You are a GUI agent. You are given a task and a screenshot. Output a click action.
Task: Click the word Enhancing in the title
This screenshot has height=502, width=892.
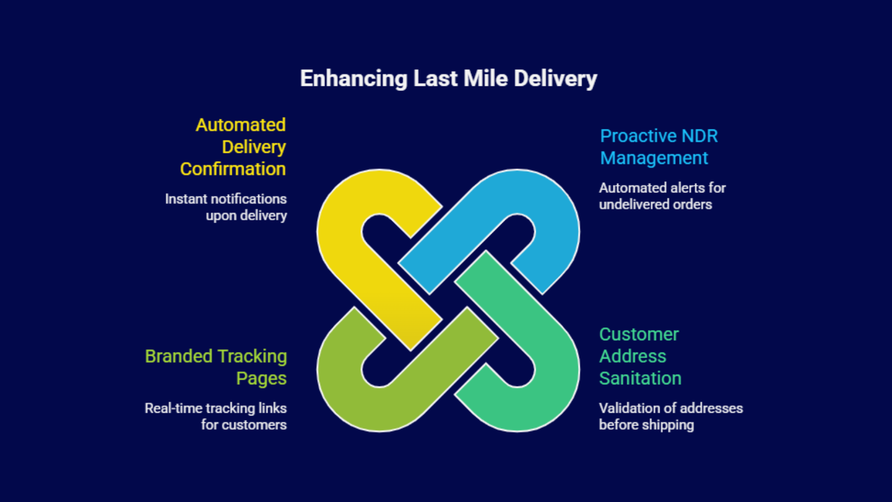pos(353,79)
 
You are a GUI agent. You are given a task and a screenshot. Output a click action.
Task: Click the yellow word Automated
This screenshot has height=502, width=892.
pos(240,125)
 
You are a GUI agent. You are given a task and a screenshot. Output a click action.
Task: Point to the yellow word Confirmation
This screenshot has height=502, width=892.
pos(232,169)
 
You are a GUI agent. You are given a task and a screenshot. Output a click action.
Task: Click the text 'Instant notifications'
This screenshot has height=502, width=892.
pos(226,199)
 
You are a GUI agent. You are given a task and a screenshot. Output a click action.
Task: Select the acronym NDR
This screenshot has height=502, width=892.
pos(699,136)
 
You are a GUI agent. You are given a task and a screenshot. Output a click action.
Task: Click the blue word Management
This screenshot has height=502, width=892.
pos(654,158)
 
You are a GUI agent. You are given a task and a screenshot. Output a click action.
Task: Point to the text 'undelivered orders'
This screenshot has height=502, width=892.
pos(655,204)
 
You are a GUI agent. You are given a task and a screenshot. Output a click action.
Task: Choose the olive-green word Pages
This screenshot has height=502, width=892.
pos(261,378)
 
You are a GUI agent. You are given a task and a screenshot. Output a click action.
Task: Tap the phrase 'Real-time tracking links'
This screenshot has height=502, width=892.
pos(215,408)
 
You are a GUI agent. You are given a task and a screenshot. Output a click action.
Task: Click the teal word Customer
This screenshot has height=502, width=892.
pos(639,334)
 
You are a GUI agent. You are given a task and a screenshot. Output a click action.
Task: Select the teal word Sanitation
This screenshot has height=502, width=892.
pos(640,378)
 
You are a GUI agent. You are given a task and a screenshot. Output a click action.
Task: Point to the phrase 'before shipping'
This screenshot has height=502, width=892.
pos(646,425)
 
